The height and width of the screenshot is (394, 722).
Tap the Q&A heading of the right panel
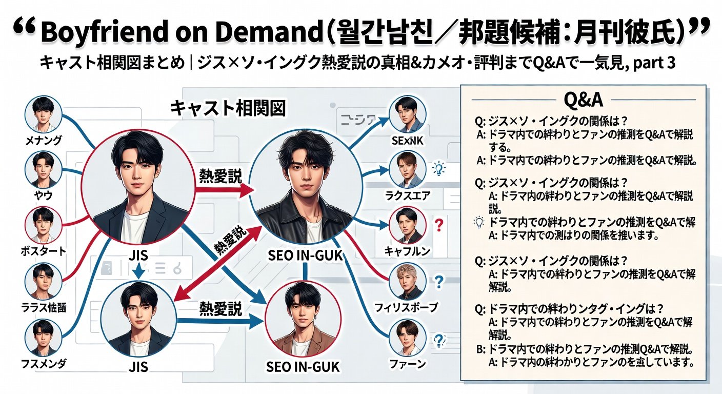[583, 98]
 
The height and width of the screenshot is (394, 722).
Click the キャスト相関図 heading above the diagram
[228, 109]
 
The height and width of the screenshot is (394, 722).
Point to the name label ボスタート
[43, 251]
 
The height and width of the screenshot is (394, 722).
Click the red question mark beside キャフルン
[438, 224]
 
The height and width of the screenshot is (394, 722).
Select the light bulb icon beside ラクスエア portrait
[438, 168]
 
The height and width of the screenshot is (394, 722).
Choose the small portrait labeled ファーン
[408, 337]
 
